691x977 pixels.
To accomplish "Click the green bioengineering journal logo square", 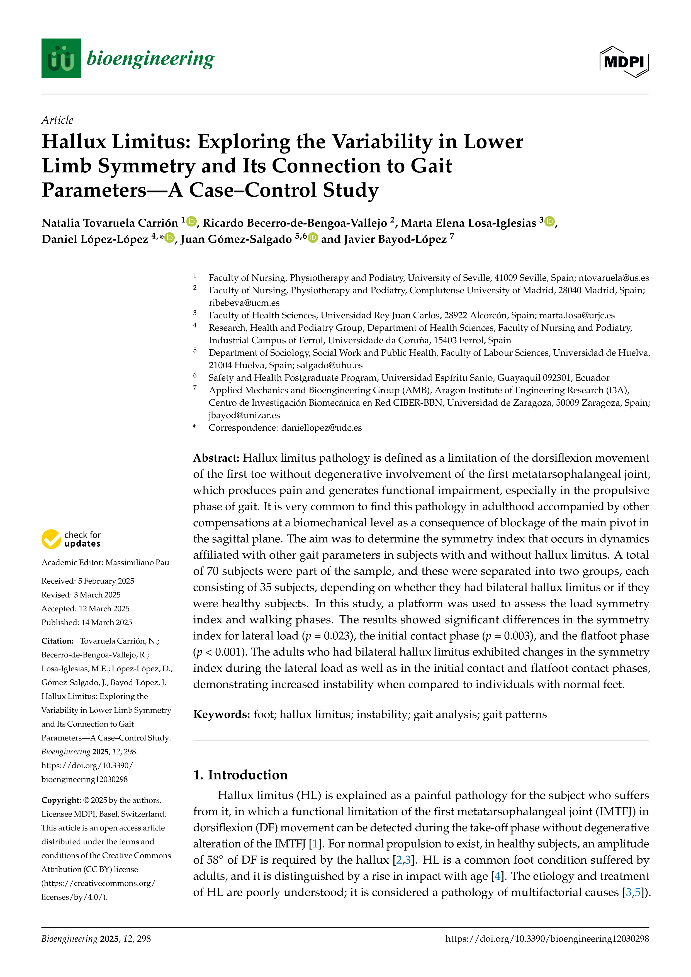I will tap(61, 58).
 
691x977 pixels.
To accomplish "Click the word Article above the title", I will tap(57, 120).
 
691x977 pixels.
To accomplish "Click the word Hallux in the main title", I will tap(74, 142).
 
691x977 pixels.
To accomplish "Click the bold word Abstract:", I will tap(216, 458).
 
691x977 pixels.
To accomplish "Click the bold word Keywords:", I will tap(221, 715).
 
